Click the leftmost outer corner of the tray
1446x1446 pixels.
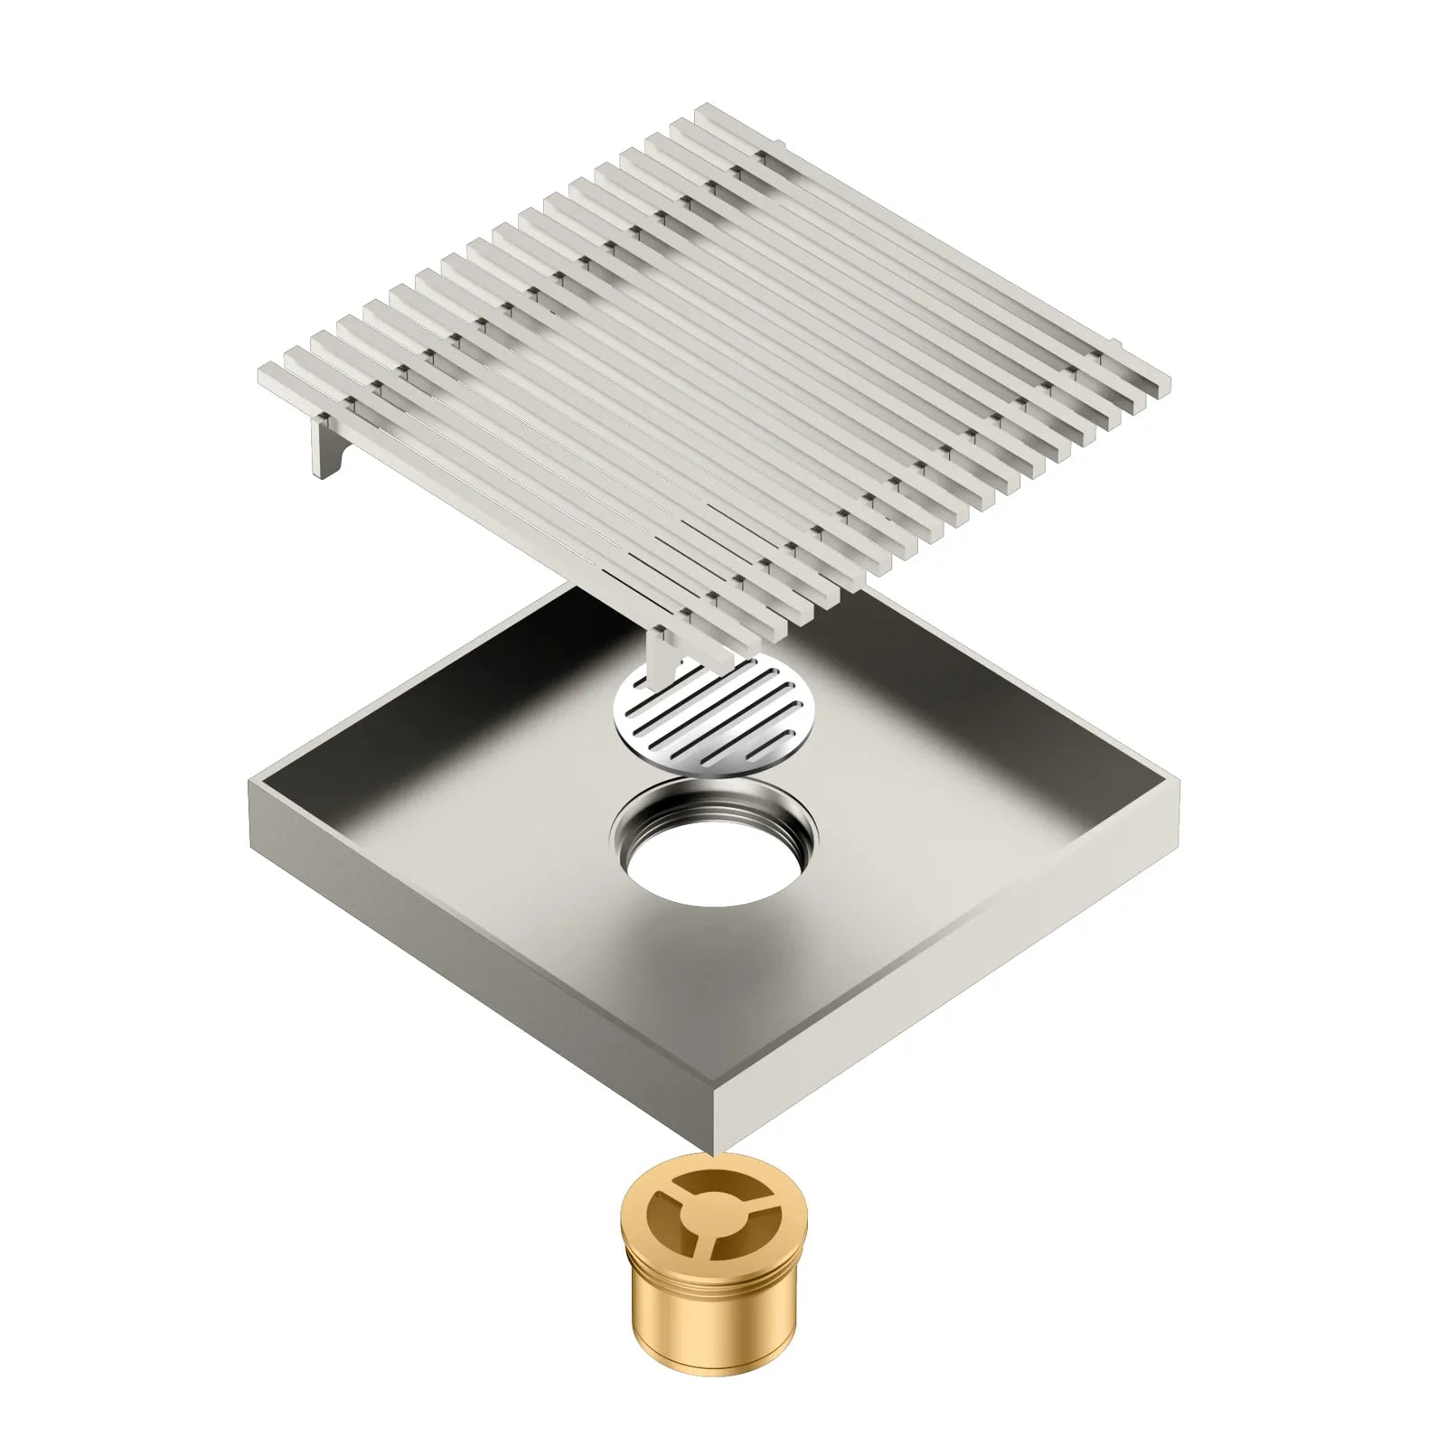tap(251, 783)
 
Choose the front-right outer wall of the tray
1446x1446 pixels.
tap(949, 967)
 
